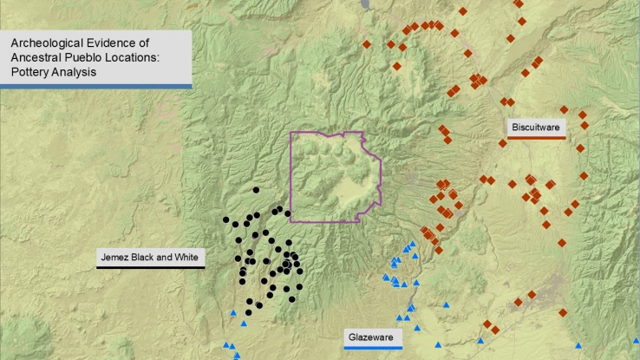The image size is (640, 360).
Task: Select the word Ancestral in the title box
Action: pos(34,57)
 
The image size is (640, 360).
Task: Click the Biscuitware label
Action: pos(537,128)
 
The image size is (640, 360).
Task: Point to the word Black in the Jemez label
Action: pos(146,258)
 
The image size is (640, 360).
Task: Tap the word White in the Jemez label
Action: pos(186,258)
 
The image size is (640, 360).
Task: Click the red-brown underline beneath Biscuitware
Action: pos(537,137)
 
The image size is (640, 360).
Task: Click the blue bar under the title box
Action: pos(95,85)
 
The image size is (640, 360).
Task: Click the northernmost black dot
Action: pos(256,190)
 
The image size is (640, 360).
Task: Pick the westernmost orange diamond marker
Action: pos(367,44)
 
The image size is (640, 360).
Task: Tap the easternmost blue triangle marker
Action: pos(636,341)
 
